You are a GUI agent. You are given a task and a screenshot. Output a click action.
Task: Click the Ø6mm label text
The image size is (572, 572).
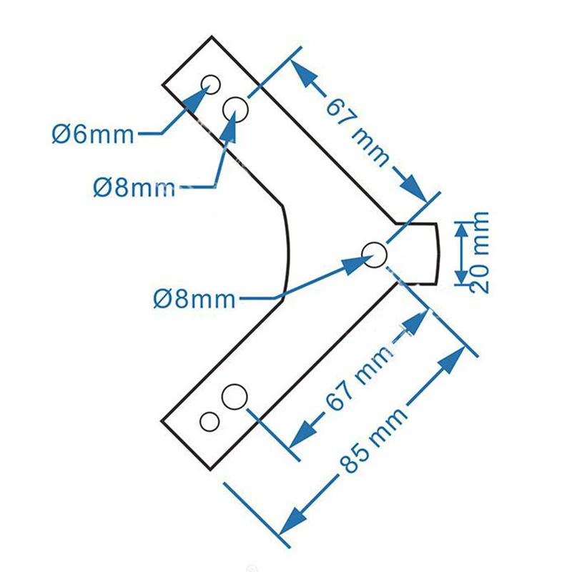tap(93, 134)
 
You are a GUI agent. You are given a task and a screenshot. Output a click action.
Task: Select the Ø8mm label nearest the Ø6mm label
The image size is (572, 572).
tap(134, 188)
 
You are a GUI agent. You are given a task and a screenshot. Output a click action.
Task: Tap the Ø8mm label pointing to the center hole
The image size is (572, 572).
tap(194, 299)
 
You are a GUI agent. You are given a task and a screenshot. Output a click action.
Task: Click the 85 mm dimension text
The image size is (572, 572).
tap(373, 440)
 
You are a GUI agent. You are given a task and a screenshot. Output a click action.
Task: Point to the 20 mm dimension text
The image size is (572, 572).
tap(478, 252)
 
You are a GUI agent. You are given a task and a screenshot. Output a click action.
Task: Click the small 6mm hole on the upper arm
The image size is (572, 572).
tap(211, 84)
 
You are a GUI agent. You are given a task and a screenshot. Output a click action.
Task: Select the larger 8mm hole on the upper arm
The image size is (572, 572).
tap(236, 109)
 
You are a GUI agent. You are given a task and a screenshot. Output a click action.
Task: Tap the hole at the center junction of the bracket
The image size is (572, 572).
tap(374, 255)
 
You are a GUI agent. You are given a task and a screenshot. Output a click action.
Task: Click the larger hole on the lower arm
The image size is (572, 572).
tap(235, 397)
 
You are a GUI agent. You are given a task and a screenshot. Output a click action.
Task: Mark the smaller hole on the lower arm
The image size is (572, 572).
tap(209, 422)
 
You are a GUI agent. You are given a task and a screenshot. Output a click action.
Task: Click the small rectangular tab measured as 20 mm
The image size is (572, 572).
tap(418, 254)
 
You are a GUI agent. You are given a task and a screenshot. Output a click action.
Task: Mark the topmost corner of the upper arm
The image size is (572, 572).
tap(212, 36)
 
